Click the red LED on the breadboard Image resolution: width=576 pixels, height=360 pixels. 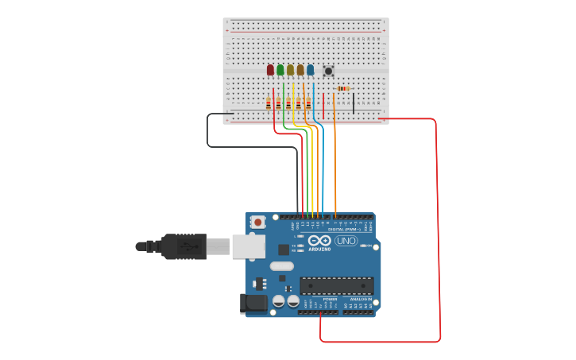coord(270,70)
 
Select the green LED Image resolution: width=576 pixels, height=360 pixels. coord(280,70)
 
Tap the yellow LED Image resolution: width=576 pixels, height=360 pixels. coord(291,70)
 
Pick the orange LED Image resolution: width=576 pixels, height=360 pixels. coord(300,70)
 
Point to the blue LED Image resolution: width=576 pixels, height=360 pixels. coord(310,70)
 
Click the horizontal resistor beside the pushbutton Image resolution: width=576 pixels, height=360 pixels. coord(343,88)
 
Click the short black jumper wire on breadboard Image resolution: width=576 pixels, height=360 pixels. coord(354,104)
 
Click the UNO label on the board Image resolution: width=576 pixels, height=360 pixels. coord(346,241)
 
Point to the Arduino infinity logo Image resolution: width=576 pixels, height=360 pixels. coord(319,241)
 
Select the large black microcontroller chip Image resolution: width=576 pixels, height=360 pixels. coord(336,285)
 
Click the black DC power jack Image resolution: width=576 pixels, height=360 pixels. coord(253,304)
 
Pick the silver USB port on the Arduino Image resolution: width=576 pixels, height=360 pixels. coord(248,246)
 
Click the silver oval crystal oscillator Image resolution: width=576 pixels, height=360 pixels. coord(281,266)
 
